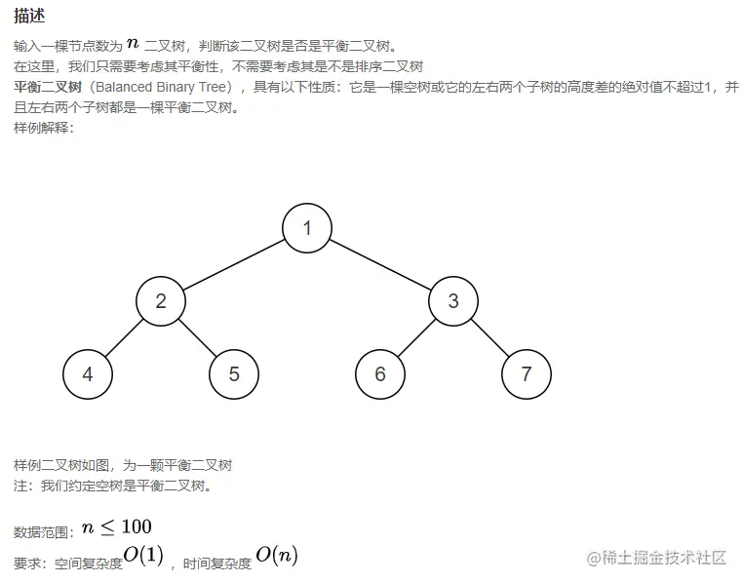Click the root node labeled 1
[x=307, y=228]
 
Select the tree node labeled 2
[x=161, y=301]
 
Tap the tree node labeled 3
[x=453, y=301]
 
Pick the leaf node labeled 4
[x=88, y=374]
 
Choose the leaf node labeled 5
[x=234, y=374]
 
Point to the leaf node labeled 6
[x=380, y=374]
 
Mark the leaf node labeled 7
[x=527, y=374]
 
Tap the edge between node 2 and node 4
[x=124, y=338]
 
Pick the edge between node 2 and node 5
[x=198, y=338]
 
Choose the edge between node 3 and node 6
[x=416, y=338]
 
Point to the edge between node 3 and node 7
[x=490, y=338]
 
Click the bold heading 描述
[x=29, y=18]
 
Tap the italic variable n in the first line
[x=133, y=44]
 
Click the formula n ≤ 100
[x=116, y=527]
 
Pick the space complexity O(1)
[x=143, y=556]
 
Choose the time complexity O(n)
[x=277, y=556]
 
